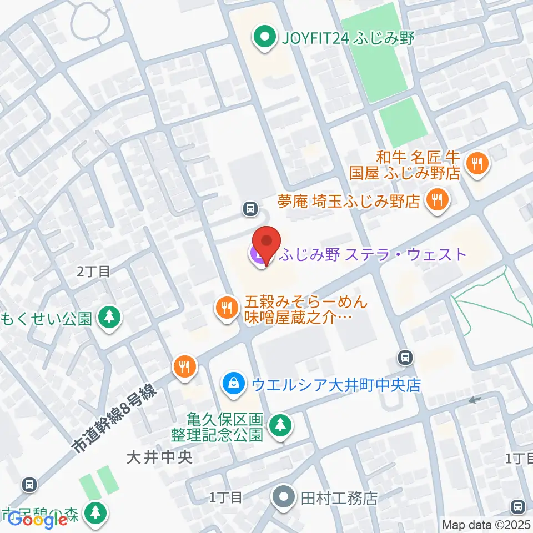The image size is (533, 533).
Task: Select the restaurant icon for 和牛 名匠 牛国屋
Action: [476, 164]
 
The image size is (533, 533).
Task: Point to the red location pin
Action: [266, 244]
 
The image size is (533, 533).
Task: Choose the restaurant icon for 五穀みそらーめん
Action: [226, 307]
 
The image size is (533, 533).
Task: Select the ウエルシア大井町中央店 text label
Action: [336, 384]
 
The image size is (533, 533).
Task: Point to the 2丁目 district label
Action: [94, 271]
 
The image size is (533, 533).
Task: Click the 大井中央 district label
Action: [159, 457]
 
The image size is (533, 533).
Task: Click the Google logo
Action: [37, 520]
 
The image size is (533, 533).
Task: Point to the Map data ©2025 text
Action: [486, 524]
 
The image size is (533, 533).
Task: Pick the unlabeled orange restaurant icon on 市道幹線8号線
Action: [184, 367]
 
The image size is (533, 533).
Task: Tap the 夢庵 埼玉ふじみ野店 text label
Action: [349, 200]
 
